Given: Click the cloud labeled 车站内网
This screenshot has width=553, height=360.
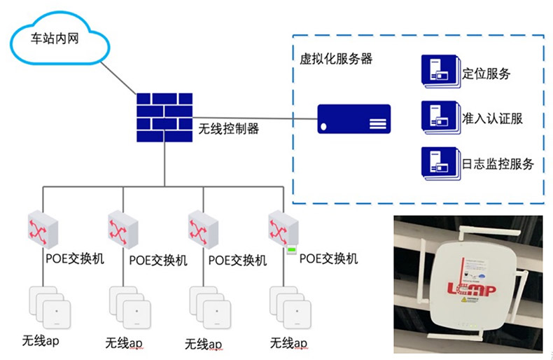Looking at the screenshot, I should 60,40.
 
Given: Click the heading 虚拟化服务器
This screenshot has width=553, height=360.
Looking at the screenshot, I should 331,59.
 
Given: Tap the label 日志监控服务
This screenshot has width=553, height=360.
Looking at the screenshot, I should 498,164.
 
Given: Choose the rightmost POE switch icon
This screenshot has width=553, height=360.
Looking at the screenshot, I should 284,228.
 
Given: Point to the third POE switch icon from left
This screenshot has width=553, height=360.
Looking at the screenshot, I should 204,228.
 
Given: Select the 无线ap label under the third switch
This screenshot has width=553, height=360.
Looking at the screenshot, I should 204,344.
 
